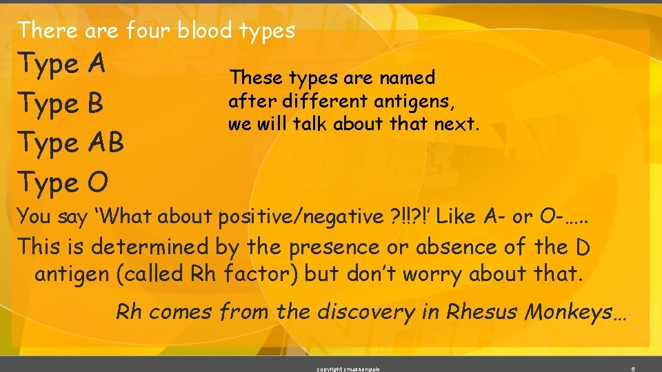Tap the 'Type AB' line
[x=71, y=143]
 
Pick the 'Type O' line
[x=63, y=183]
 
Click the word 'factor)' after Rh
[x=259, y=274]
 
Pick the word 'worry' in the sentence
[x=432, y=274]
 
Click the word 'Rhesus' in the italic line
[x=483, y=311]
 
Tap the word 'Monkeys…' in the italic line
[x=576, y=311]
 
